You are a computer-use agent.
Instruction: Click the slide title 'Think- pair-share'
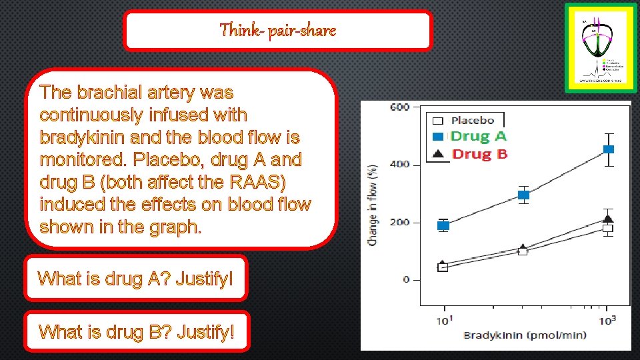278,30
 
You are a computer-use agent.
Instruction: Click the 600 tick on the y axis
400,107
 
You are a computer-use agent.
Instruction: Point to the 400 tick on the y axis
400,165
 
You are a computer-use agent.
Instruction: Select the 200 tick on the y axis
400,223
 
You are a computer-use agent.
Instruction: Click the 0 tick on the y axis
406,280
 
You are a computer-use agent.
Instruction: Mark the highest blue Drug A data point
608,149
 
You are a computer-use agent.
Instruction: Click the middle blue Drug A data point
524,195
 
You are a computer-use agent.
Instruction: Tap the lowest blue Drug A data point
443,225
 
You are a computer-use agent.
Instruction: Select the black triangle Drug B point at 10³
608,219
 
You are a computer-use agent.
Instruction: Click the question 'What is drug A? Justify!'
136,278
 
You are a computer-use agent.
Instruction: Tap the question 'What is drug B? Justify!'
137,331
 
